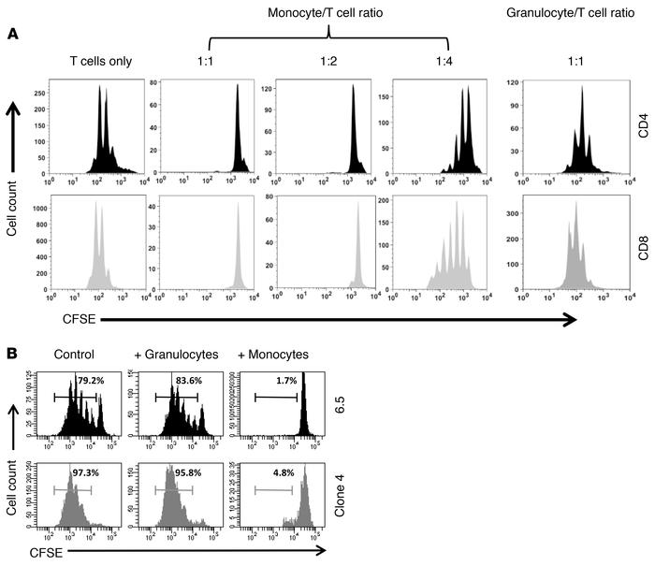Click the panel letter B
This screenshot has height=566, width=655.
click(12, 356)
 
